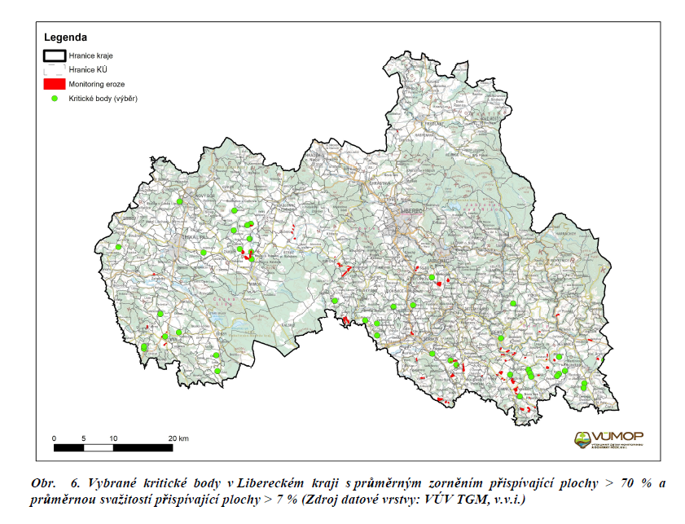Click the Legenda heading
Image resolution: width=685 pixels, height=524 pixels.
(x=65, y=37)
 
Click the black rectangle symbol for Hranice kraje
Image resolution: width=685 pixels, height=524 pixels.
(x=54, y=55)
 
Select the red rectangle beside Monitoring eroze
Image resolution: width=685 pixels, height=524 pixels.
(x=54, y=84)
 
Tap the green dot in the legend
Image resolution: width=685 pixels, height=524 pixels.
(x=54, y=99)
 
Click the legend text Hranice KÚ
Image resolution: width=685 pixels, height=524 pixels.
(x=87, y=70)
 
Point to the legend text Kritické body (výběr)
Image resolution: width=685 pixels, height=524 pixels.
(x=103, y=99)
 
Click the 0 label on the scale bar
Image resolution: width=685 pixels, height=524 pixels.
(x=54, y=438)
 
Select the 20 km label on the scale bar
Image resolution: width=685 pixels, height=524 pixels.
(x=178, y=438)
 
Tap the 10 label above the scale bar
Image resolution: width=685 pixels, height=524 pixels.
(x=113, y=438)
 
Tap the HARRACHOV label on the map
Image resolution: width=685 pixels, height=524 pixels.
(x=570, y=234)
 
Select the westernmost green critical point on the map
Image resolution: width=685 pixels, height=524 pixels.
(x=118, y=247)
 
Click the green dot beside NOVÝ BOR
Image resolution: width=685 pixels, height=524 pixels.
(x=180, y=201)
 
